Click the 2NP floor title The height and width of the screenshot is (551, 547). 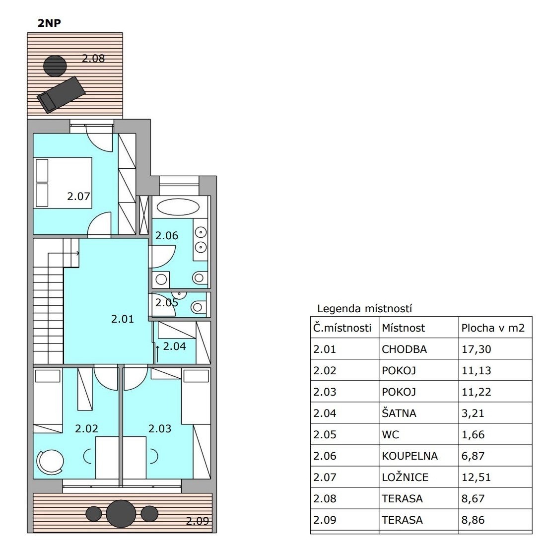49,23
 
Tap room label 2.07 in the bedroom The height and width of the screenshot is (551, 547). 78,196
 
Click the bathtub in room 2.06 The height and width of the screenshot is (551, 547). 178,207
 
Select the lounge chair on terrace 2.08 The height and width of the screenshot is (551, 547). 61,94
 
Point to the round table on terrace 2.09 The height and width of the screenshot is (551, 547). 121,513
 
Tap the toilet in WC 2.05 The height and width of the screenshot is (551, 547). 199,307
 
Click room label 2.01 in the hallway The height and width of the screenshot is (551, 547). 122,319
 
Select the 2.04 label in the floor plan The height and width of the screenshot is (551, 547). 174,346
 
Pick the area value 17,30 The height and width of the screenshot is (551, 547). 476,349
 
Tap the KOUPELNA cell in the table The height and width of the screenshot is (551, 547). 410,456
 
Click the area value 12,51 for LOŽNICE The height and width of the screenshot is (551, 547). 476,477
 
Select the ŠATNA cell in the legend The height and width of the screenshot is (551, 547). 399,413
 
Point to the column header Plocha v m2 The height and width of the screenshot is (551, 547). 493,328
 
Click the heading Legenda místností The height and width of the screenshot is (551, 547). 364,309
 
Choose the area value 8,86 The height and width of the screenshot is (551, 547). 473,520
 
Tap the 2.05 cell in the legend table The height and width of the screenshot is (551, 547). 325,435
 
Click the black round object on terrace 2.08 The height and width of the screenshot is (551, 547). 55,66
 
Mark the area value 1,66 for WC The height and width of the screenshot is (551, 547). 473,435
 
